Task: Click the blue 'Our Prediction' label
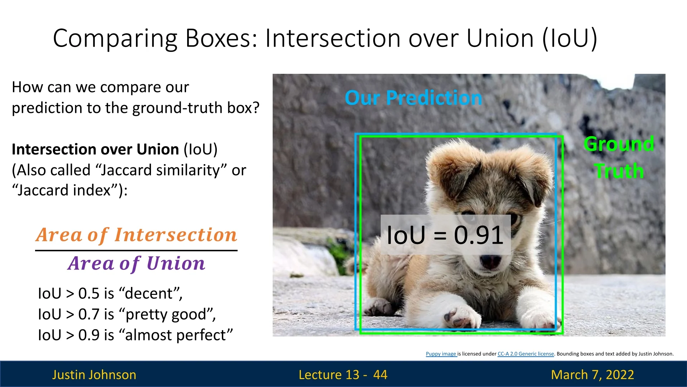(x=413, y=98)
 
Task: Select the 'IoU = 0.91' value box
(x=445, y=235)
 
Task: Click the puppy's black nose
(x=490, y=262)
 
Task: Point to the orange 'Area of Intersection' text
(x=136, y=235)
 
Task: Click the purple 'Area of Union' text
(x=136, y=263)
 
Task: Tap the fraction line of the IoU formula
(x=136, y=250)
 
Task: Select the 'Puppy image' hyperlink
(x=441, y=354)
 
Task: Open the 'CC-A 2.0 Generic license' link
(x=526, y=354)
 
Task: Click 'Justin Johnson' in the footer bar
(x=94, y=374)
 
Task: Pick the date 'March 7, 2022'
(x=593, y=374)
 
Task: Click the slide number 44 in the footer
(x=380, y=374)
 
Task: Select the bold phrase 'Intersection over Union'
(x=96, y=149)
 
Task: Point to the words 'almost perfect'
(x=176, y=335)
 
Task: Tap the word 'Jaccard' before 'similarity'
(x=124, y=170)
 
